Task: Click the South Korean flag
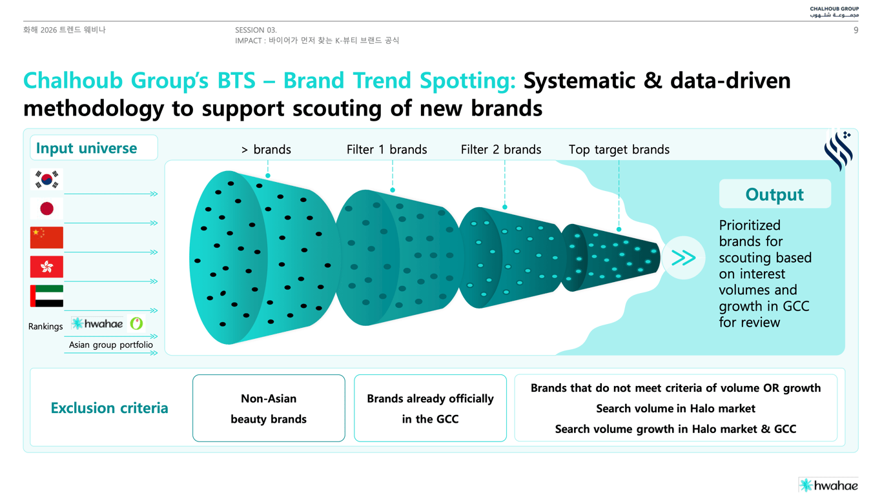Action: pos(46,179)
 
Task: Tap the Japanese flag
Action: pos(46,208)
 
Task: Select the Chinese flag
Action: pos(46,237)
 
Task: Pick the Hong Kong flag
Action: pos(46,267)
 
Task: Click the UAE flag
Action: pos(46,296)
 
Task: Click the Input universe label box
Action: pos(94,148)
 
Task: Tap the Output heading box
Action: pos(775,194)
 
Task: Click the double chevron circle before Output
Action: pos(683,258)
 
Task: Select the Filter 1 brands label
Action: pos(387,150)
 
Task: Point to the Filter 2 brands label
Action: pos(501,150)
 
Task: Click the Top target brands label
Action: pos(619,150)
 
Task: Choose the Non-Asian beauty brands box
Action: pos(269,408)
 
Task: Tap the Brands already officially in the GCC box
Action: pos(430,408)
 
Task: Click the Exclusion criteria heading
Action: pos(110,408)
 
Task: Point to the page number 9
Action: pos(856,30)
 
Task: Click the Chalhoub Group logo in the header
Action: pos(834,12)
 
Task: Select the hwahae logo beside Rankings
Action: pos(97,324)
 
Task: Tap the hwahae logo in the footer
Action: pos(828,485)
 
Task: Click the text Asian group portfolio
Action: pos(110,345)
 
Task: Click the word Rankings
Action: pos(45,327)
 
